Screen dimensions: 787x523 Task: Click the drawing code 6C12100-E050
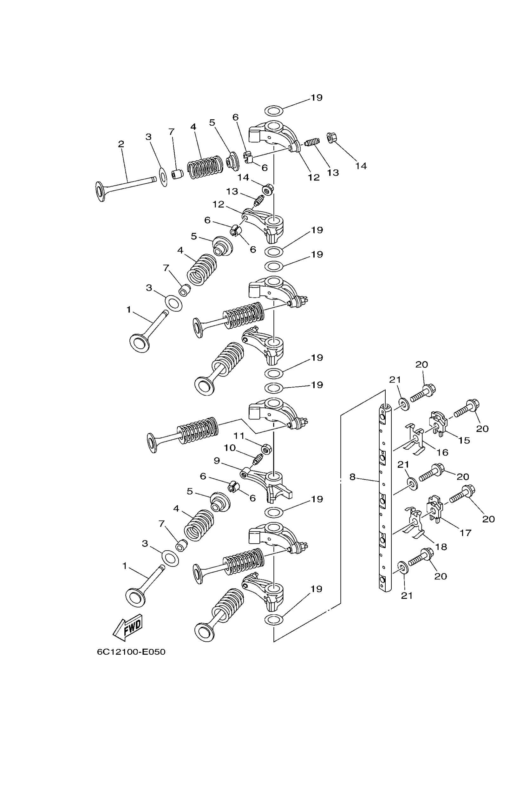(x=131, y=652)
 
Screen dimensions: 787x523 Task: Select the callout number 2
(x=121, y=144)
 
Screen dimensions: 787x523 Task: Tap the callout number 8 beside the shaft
(x=352, y=477)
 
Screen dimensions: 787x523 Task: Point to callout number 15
(x=464, y=440)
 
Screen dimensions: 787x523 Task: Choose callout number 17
(x=465, y=533)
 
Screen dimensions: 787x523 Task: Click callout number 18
(x=441, y=547)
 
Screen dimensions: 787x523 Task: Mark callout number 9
(x=217, y=461)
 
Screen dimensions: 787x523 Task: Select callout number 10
(x=230, y=448)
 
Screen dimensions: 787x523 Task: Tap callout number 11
(x=239, y=436)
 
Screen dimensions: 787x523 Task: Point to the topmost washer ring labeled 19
(x=273, y=110)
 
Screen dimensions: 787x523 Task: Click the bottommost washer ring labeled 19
(x=273, y=620)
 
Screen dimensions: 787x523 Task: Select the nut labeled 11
(x=266, y=449)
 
